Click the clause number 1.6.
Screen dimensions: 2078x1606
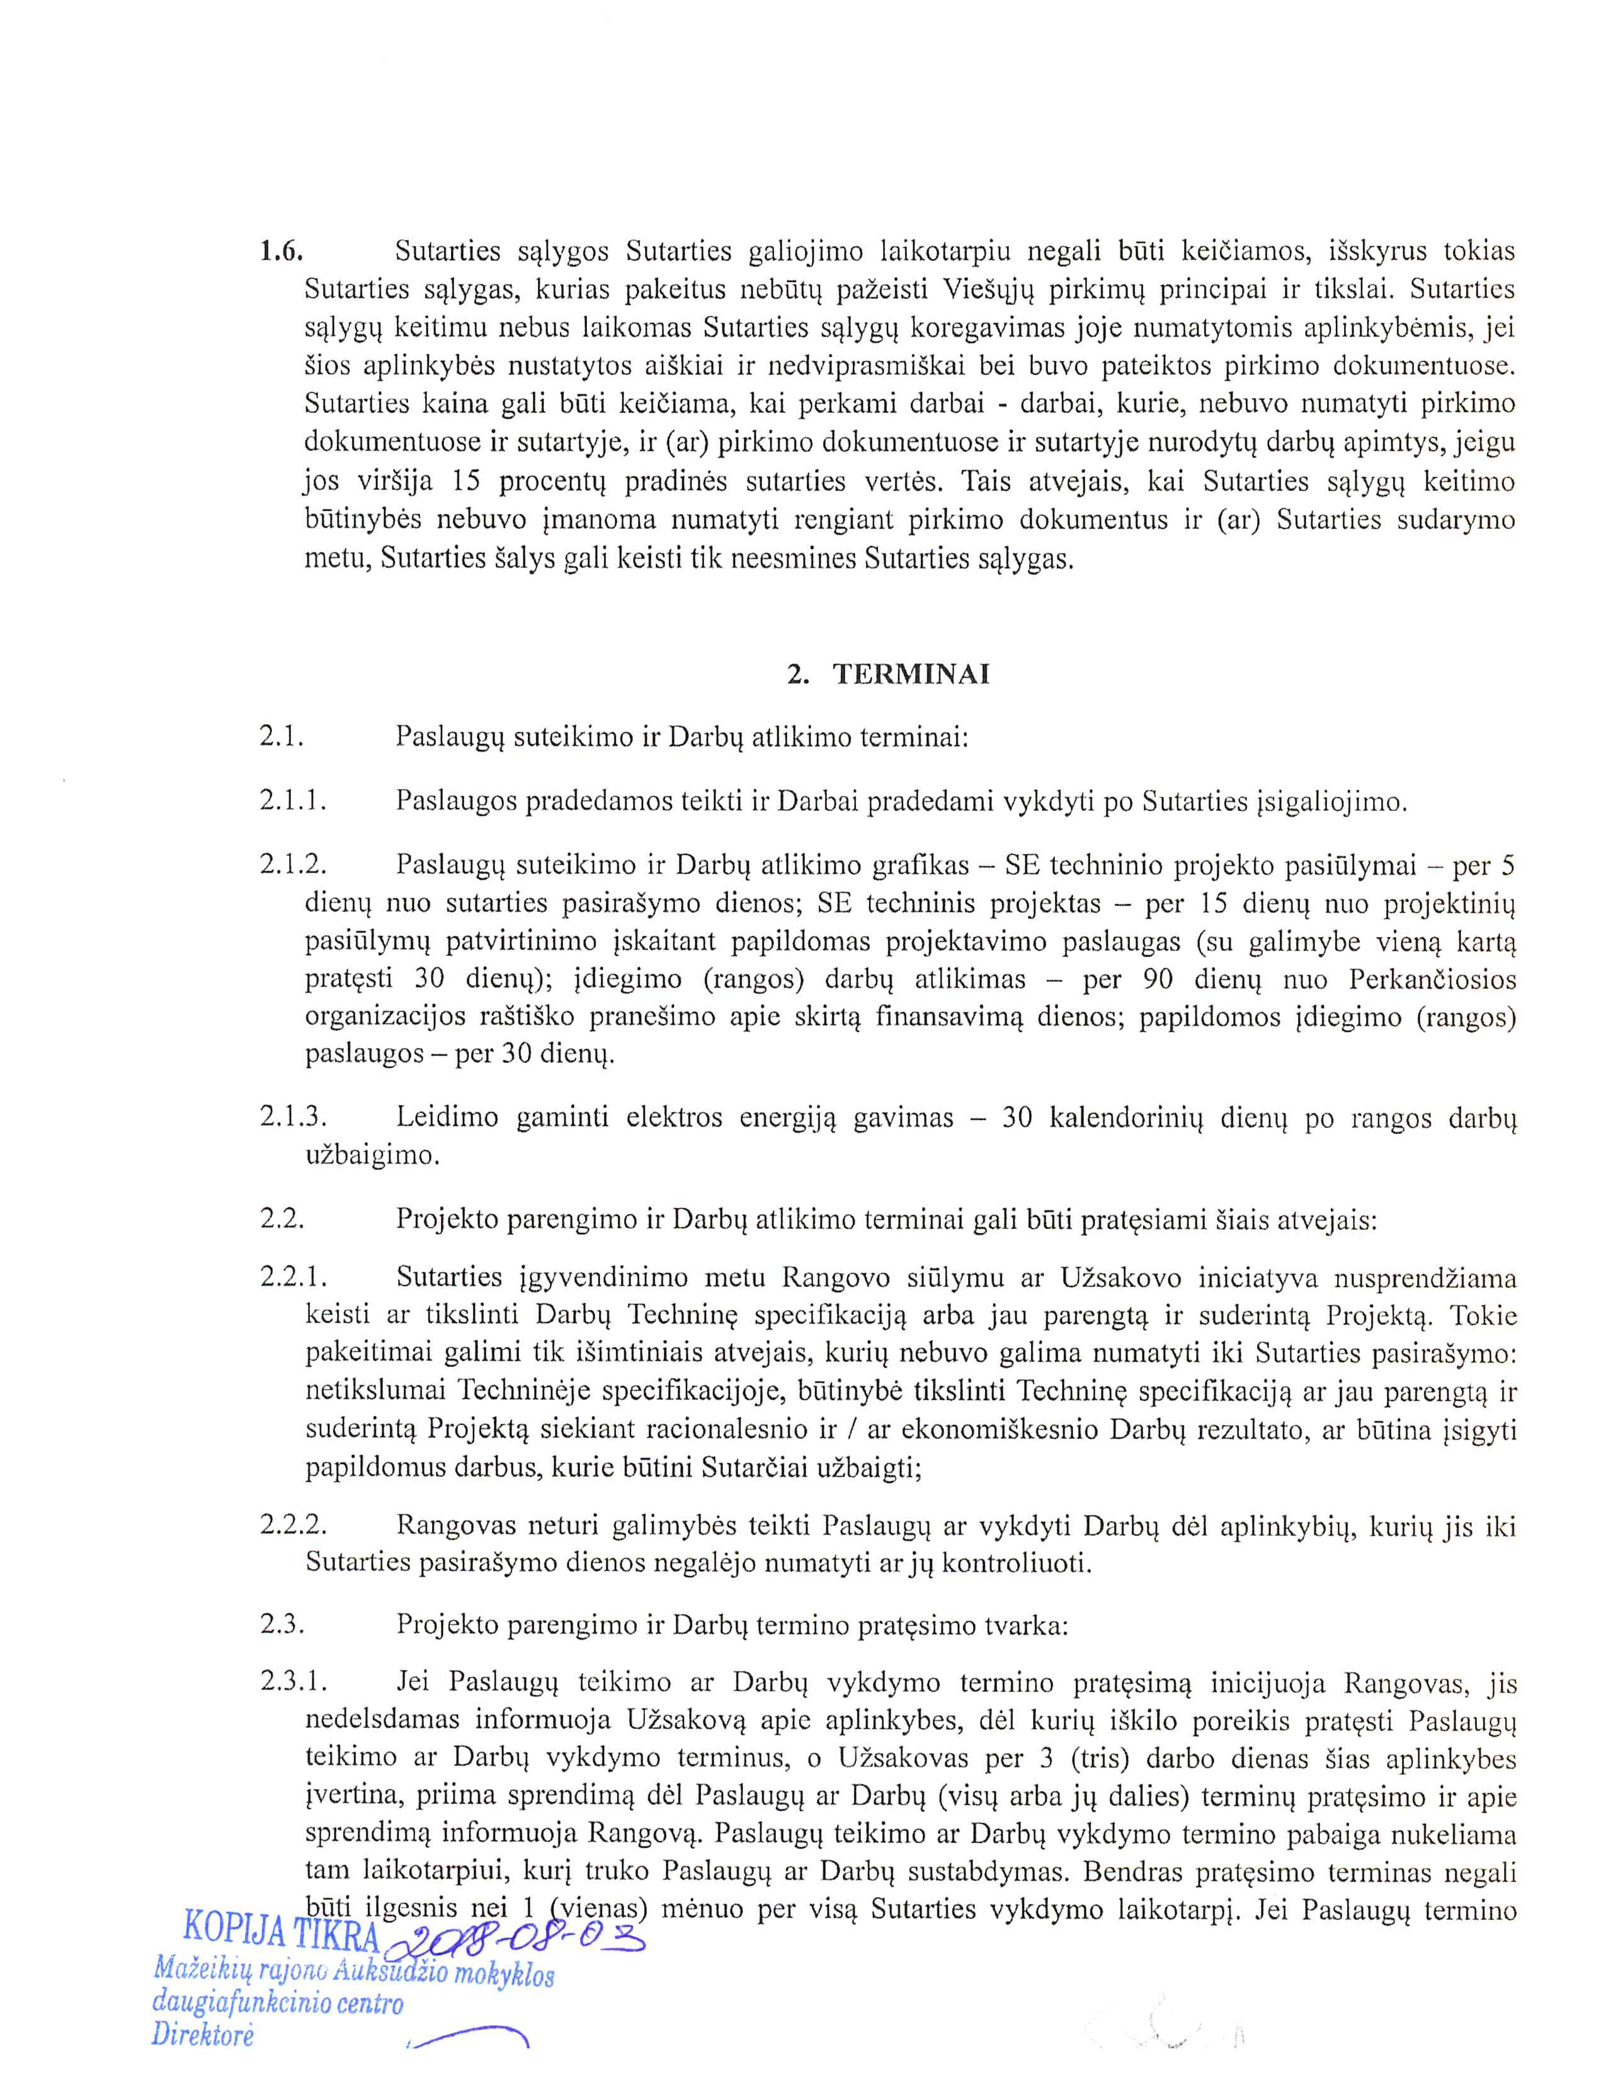point(281,251)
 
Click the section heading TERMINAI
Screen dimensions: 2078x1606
point(911,674)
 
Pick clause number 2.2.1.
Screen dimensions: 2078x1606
point(293,1277)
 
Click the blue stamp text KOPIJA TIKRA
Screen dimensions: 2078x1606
point(281,1929)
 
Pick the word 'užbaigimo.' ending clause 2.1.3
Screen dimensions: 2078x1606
point(372,1156)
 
